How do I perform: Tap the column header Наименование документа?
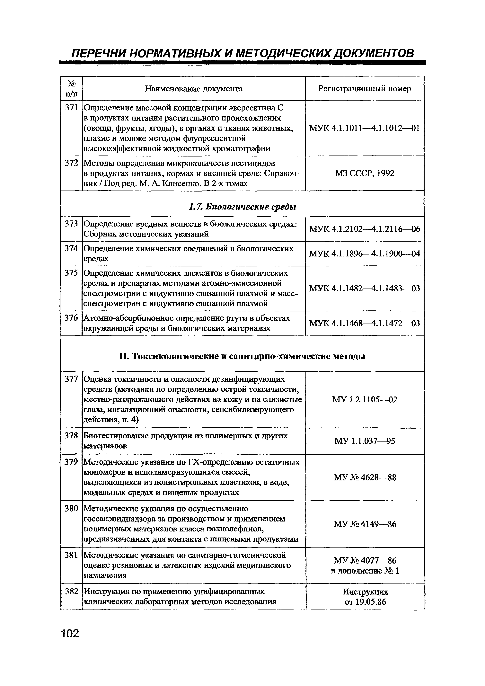coord(194,89)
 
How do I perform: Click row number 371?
coord(71,108)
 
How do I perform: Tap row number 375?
coord(71,273)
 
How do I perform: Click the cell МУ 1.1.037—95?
coord(365,441)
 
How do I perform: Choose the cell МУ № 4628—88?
coord(365,477)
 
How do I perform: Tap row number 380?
coord(71,508)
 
